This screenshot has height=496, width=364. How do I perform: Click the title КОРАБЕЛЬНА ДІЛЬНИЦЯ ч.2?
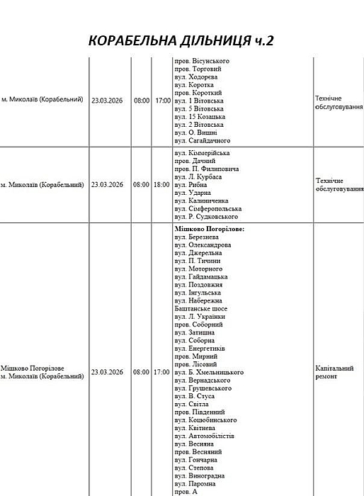point(181,41)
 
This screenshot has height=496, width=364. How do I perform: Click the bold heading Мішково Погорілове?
point(209,230)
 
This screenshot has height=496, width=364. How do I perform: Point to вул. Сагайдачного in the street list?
point(202,140)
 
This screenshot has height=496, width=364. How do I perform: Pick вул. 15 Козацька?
point(199,116)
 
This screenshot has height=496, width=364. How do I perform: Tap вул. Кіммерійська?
point(202,153)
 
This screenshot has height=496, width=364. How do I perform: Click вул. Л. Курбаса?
point(198,176)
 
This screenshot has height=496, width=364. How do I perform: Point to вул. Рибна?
point(190,184)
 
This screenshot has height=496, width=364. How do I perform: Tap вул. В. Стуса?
point(195,396)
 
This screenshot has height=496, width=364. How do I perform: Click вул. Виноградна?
point(200,475)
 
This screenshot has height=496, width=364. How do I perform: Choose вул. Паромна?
point(195,483)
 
